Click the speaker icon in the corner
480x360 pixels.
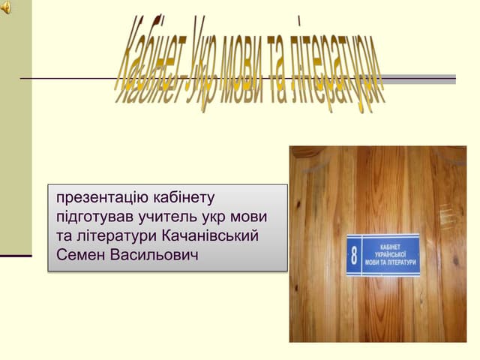point(5,7)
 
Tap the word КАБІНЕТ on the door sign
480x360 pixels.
point(391,246)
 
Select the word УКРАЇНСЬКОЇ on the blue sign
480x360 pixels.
point(391,255)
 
